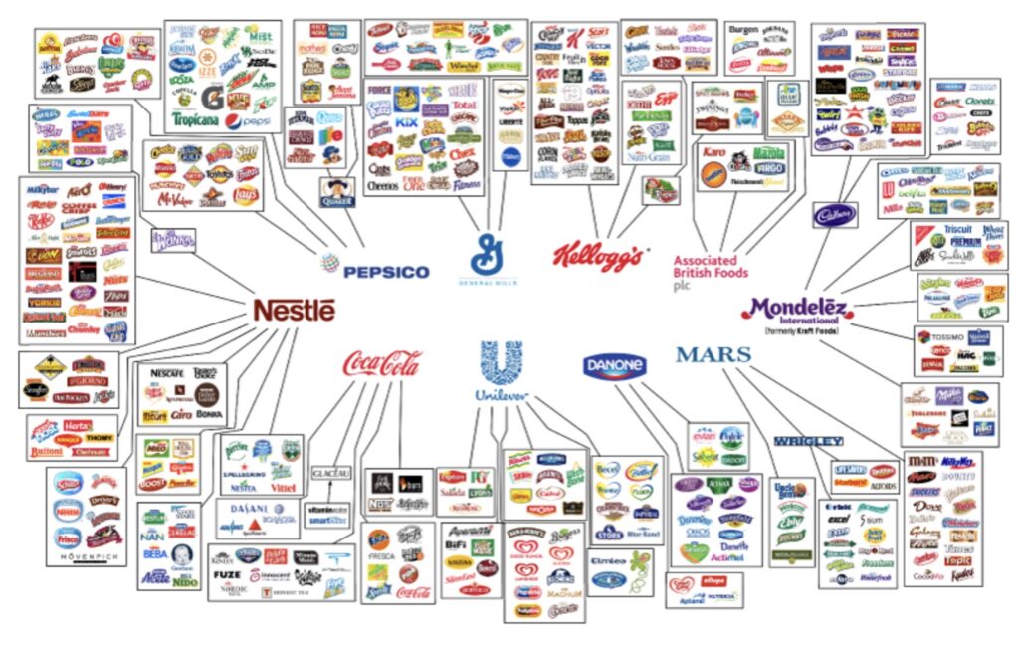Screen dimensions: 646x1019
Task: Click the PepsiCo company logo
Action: pyautogui.click(x=376, y=270)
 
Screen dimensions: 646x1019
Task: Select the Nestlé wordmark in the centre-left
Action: pyautogui.click(x=294, y=311)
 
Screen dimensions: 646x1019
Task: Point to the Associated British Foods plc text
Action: pyautogui.click(x=711, y=266)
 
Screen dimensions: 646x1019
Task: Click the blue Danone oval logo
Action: pyautogui.click(x=614, y=367)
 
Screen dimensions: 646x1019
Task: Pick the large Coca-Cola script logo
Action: pyautogui.click(x=382, y=363)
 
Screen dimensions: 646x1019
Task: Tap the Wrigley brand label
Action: pyautogui.click(x=808, y=441)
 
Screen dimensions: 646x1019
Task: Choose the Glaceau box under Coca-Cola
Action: pyautogui.click(x=330, y=473)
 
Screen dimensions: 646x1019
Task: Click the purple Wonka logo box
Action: pyautogui.click(x=173, y=240)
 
